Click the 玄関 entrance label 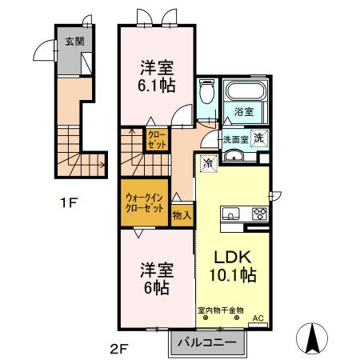coord(74,41)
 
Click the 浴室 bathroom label coord(244,112)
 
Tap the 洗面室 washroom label coord(235,138)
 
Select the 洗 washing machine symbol coord(259,138)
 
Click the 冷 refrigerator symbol coord(206,162)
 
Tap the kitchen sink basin coord(230,213)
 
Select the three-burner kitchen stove coord(259,213)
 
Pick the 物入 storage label coord(182,214)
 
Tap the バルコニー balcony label coord(206,342)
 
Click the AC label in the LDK coord(258,318)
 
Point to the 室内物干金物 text coord(222,309)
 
